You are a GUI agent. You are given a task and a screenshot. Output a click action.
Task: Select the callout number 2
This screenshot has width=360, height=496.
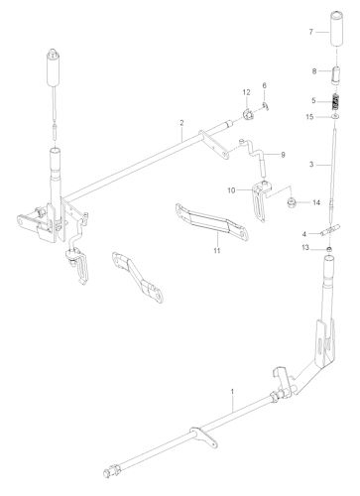click(182, 125)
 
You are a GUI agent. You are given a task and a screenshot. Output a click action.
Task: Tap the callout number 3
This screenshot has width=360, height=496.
click(312, 164)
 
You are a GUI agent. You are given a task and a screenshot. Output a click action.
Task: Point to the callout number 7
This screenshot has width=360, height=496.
click(312, 31)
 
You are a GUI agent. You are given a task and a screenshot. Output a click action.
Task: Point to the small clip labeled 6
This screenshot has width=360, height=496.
click(267, 104)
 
